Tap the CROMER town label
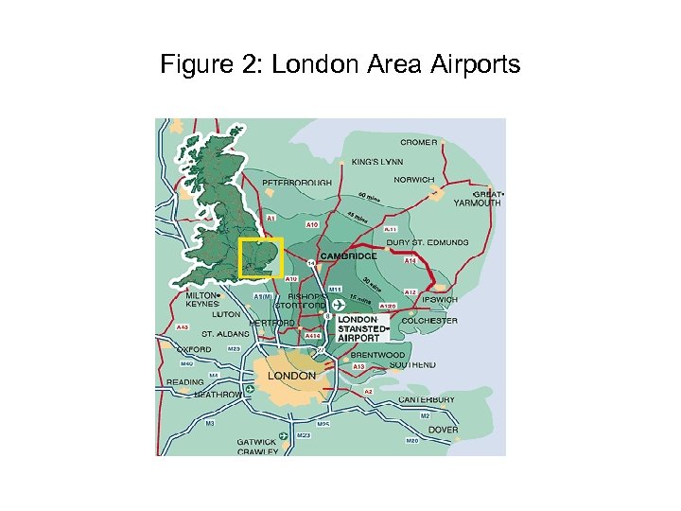tap(418, 142)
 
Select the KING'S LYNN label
tap(376, 161)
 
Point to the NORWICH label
tap(414, 179)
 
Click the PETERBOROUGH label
tap(297, 182)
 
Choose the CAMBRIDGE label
tap(348, 255)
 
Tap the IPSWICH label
tap(439, 299)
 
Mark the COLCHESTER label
tap(430, 321)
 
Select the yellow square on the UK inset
tap(261, 257)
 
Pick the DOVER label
tap(443, 430)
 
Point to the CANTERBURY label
tap(426, 399)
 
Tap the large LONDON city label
tap(291, 376)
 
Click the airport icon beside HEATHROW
tap(249, 389)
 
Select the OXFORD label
tap(194, 349)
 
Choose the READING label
tap(184, 382)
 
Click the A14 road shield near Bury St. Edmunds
tap(410, 260)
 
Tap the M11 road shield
tap(334, 289)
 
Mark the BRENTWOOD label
tap(377, 355)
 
